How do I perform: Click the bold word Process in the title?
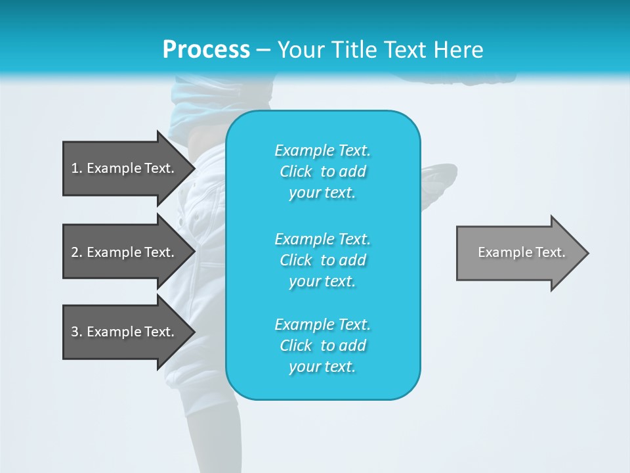click(x=206, y=50)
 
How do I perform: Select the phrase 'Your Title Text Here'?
click(x=380, y=50)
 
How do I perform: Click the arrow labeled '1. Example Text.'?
click(x=125, y=168)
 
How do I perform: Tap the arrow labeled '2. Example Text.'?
click(x=125, y=252)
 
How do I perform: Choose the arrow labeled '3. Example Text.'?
click(x=125, y=332)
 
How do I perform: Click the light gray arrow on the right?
click(x=518, y=253)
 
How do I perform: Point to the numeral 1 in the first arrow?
click(x=75, y=168)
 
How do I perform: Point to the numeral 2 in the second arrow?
click(x=75, y=252)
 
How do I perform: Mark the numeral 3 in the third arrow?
click(x=75, y=332)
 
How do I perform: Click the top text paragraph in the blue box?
click(x=322, y=171)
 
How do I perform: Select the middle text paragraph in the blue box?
click(x=322, y=260)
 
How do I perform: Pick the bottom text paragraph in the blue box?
click(x=322, y=346)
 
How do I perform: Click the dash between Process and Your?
click(x=263, y=50)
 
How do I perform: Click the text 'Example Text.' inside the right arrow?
click(x=521, y=252)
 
